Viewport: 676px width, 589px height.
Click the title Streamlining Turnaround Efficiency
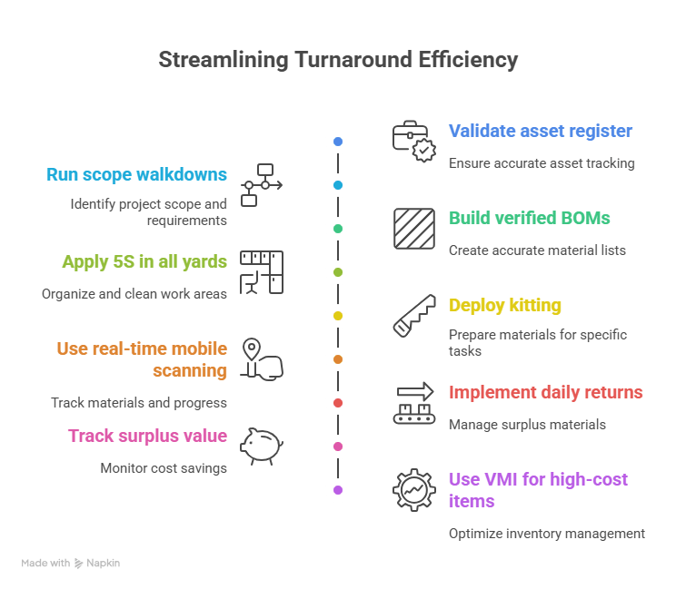[x=338, y=61]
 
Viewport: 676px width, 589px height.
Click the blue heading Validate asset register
[x=540, y=131]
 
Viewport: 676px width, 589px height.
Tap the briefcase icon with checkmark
[x=413, y=142]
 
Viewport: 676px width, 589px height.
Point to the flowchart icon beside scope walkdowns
[x=262, y=185]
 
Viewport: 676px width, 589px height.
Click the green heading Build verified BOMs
[x=529, y=218]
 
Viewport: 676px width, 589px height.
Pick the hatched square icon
[x=414, y=228]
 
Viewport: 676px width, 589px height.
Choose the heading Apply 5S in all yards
[x=144, y=261]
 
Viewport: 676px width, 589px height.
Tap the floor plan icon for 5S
[x=262, y=272]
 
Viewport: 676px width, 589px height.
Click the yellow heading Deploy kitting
[x=505, y=305]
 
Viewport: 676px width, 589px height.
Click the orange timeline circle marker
[x=338, y=359]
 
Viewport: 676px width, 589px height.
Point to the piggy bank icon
[x=262, y=446]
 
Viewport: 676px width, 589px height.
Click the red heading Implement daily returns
[x=545, y=392]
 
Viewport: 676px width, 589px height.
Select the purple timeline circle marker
[x=338, y=490]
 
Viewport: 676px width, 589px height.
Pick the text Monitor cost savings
[x=164, y=468]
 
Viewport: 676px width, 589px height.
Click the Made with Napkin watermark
[x=71, y=563]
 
